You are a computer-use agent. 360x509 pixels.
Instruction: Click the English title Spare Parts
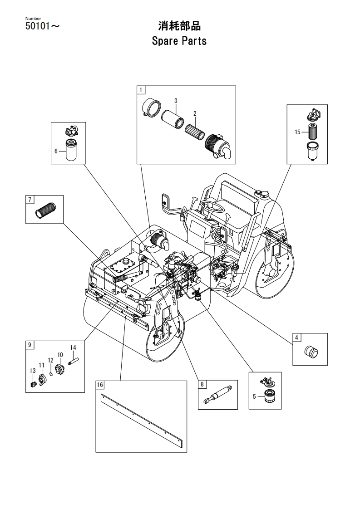(179, 41)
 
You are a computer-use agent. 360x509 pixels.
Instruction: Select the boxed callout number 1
(141, 90)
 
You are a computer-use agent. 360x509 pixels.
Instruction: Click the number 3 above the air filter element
(176, 101)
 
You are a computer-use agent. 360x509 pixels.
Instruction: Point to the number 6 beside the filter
(56, 151)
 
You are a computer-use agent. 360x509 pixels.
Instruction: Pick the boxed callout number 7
(30, 199)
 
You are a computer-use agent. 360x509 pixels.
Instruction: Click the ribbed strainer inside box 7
(45, 210)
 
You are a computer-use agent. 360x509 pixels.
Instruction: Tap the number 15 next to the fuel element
(298, 132)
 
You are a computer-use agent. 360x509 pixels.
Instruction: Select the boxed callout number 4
(296, 338)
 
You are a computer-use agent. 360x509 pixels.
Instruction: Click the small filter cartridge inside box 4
(311, 352)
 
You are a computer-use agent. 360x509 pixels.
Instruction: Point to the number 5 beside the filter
(254, 396)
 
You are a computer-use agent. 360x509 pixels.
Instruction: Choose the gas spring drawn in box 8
(217, 394)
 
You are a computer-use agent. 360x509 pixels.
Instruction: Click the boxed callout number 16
(100, 385)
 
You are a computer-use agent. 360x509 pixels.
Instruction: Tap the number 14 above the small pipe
(73, 347)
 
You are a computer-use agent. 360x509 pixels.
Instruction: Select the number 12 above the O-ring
(51, 360)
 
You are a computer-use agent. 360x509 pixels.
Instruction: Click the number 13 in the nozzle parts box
(33, 371)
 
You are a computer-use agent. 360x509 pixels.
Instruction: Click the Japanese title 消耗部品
(179, 26)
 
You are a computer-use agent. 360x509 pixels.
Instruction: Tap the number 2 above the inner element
(195, 113)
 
